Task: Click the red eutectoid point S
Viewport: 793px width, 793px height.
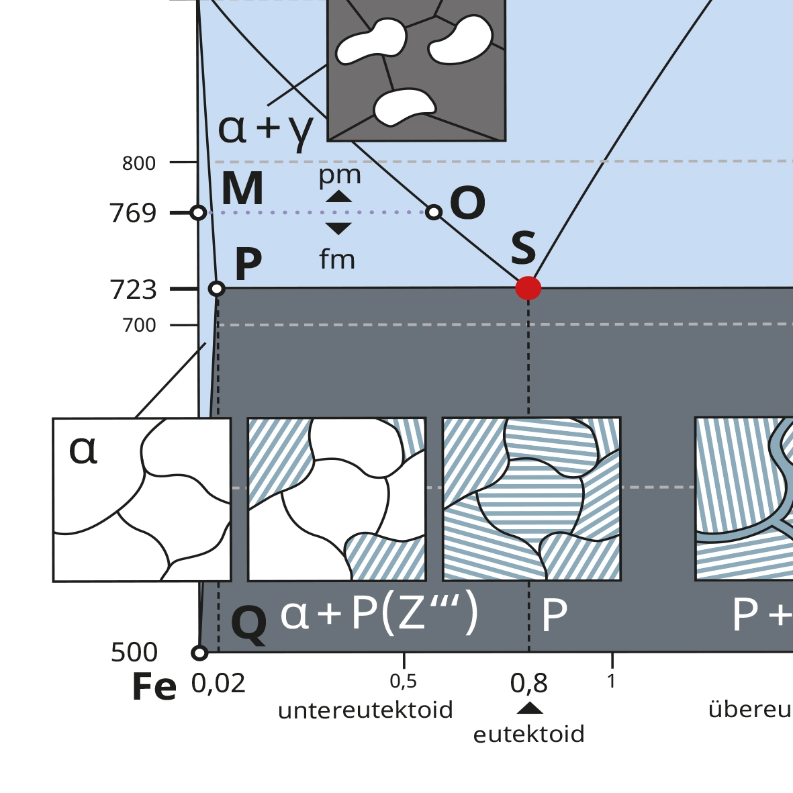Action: [x=528, y=288]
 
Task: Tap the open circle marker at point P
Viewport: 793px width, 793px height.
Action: [x=216, y=289]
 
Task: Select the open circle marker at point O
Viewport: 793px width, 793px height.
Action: [x=434, y=212]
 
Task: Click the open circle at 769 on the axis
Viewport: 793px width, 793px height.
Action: [x=198, y=213]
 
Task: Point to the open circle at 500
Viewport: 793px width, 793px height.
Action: [x=199, y=652]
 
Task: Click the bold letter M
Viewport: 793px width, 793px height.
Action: [x=242, y=189]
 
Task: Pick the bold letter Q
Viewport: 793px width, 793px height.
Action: [x=248, y=624]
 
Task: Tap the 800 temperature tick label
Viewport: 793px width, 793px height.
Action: [x=139, y=163]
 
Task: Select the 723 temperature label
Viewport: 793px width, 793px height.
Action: [x=133, y=289]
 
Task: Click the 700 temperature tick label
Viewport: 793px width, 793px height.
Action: [x=139, y=325]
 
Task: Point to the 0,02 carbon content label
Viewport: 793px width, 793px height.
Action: [x=218, y=684]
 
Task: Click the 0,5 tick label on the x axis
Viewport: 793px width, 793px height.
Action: [x=403, y=682]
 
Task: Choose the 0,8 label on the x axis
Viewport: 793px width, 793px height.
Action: [x=528, y=684]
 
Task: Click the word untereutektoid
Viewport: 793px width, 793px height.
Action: [x=365, y=710]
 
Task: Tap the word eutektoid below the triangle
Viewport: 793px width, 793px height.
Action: [x=528, y=734]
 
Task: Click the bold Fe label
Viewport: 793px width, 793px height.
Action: [x=154, y=687]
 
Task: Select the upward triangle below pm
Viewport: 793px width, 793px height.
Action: [x=338, y=197]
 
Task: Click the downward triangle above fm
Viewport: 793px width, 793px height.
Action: [x=338, y=228]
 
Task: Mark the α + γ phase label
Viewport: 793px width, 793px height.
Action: [x=266, y=129]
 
